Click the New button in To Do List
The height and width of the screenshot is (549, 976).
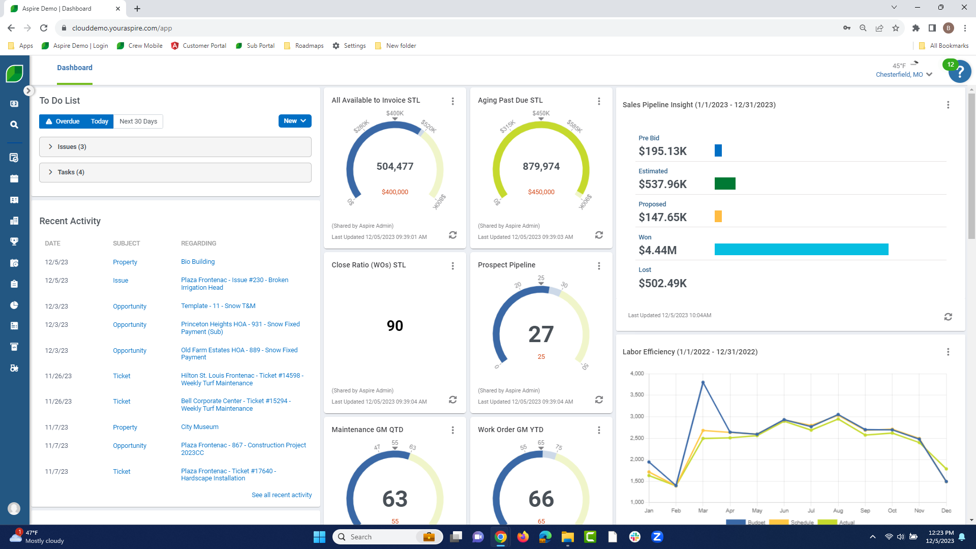(294, 121)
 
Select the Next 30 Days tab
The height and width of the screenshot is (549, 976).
(138, 121)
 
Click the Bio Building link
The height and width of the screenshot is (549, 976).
(198, 262)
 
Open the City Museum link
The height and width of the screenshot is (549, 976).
(200, 427)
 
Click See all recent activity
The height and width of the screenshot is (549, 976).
(282, 495)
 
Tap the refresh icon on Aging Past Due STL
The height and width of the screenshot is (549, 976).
(599, 235)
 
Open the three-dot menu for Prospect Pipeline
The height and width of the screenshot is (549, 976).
(599, 266)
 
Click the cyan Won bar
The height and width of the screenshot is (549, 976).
(801, 250)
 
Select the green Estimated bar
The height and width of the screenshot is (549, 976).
(725, 184)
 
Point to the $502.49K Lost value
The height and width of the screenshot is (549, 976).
(662, 284)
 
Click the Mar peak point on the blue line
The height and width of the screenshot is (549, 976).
(703, 382)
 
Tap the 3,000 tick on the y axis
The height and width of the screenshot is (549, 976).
(637, 416)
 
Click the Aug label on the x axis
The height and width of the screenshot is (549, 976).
(838, 510)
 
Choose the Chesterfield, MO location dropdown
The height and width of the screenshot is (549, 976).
(903, 75)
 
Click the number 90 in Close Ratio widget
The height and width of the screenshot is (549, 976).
(395, 326)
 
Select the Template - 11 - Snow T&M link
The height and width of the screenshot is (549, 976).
(218, 306)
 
